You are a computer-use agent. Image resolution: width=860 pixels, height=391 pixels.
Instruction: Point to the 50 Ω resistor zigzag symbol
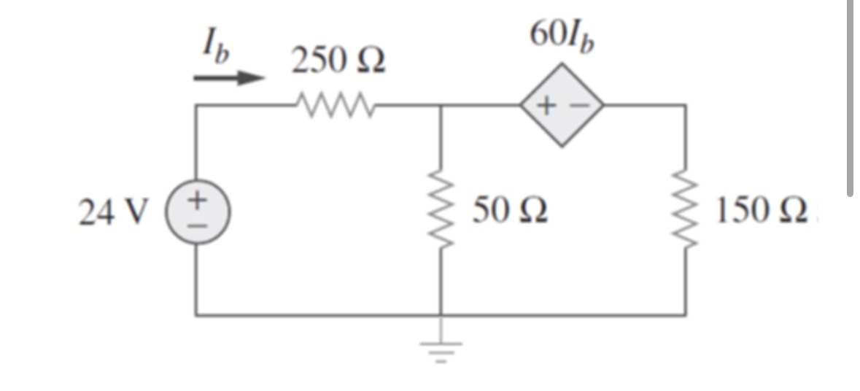441,211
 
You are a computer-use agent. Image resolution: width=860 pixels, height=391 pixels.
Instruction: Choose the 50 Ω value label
511,212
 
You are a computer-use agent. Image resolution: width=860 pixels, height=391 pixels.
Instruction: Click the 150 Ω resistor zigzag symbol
684,211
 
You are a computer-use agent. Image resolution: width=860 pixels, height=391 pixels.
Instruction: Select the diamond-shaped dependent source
561,105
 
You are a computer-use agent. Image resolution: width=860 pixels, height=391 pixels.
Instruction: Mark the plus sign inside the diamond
546,106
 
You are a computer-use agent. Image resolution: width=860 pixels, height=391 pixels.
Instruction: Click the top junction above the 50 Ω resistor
441,105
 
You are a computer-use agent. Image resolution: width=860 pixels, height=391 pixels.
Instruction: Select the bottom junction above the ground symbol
441,316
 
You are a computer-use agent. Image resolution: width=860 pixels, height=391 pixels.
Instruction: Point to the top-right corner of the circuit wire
684,105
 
